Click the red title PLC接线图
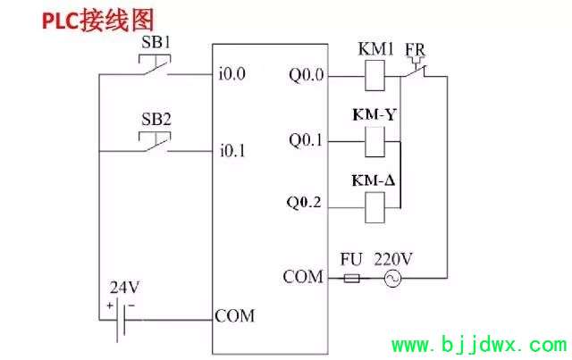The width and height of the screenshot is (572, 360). tap(97, 20)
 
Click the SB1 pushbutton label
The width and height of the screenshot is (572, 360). tap(156, 43)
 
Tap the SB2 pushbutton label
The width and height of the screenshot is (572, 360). tap(156, 120)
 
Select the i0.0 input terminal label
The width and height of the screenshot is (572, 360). tap(232, 73)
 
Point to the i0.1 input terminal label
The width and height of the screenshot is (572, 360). tap(232, 150)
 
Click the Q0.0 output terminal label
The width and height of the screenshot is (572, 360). tap(306, 75)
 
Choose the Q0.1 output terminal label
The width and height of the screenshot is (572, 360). tap(306, 140)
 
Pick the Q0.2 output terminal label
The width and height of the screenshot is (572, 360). tap(304, 203)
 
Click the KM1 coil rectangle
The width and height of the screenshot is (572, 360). tap(374, 76)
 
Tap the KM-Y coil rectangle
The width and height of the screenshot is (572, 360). tap(374, 142)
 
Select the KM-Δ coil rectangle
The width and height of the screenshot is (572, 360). tap(374, 207)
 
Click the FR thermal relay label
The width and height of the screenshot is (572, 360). tap(415, 50)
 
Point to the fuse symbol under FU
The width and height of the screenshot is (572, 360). tap(351, 279)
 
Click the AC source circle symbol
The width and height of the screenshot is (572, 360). tap(392, 279)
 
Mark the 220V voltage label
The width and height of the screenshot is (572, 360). tap(393, 259)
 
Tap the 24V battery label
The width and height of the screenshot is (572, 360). tap(124, 288)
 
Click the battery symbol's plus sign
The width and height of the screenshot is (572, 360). tap(110, 306)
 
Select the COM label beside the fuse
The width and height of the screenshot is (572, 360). tap(303, 277)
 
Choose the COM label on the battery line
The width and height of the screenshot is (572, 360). tap(234, 316)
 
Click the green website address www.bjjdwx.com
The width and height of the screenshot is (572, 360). tap(479, 344)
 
